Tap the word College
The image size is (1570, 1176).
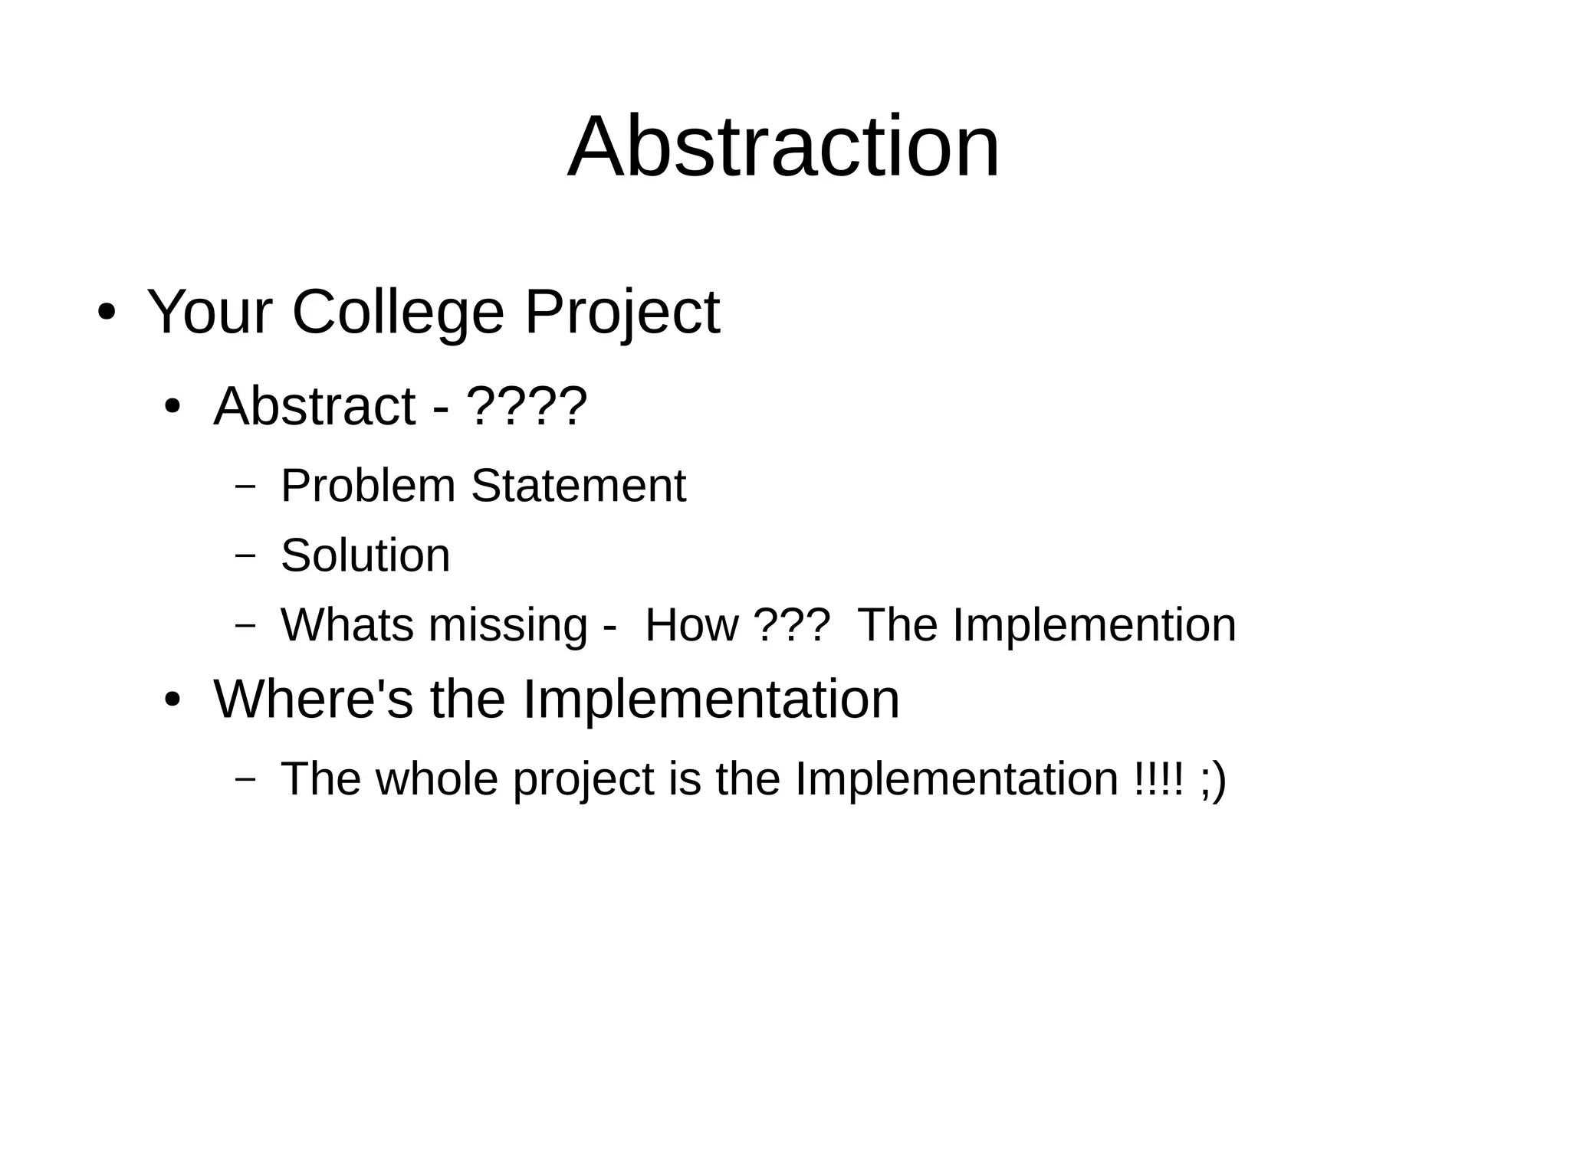398,313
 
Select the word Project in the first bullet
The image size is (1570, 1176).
622,313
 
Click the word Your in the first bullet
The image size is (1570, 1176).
209,313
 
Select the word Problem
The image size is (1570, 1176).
368,486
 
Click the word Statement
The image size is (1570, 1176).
578,486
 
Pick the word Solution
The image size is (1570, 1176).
365,555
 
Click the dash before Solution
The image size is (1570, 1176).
245,555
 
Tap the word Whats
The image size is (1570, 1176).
347,624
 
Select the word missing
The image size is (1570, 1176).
508,624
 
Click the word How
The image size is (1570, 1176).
691,624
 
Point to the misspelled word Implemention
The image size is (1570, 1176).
1094,624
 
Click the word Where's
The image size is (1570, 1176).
313,699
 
